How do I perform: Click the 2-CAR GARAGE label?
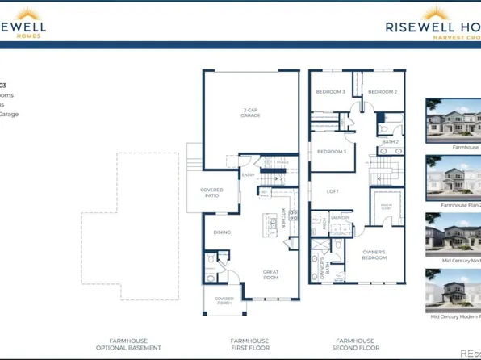(x=250, y=114)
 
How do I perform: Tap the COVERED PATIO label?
(x=211, y=192)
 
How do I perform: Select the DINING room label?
(x=222, y=232)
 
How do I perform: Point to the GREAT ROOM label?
(x=270, y=274)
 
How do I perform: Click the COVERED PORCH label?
(x=224, y=301)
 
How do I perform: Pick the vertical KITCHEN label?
(x=283, y=217)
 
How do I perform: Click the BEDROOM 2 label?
(x=383, y=92)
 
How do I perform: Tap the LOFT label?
(x=332, y=191)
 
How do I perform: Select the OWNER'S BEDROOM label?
(x=374, y=254)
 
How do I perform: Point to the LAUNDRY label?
(x=339, y=217)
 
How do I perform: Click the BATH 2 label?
(x=390, y=142)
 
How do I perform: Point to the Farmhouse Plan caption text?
(x=460, y=205)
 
